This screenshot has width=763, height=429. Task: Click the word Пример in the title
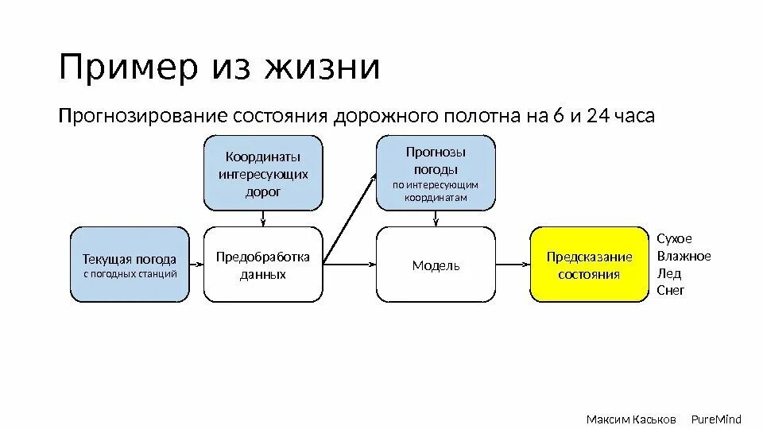coord(128,68)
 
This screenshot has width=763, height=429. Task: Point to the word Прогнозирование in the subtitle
coord(143,118)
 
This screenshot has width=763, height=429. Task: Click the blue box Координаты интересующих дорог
coord(264,172)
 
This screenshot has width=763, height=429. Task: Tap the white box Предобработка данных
coord(263,265)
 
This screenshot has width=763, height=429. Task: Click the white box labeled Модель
coord(436,265)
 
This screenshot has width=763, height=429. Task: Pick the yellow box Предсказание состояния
coord(589,265)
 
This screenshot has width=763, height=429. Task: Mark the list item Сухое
coord(675,238)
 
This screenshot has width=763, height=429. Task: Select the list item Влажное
coord(684,256)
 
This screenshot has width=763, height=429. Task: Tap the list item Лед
coord(669,273)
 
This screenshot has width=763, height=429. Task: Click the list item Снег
coord(671,291)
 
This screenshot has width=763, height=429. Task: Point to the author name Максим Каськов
coord(631,419)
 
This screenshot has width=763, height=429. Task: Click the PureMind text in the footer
coord(715,419)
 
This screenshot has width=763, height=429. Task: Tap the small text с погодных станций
coord(130,274)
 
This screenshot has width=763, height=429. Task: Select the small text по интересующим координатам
coord(436,191)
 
